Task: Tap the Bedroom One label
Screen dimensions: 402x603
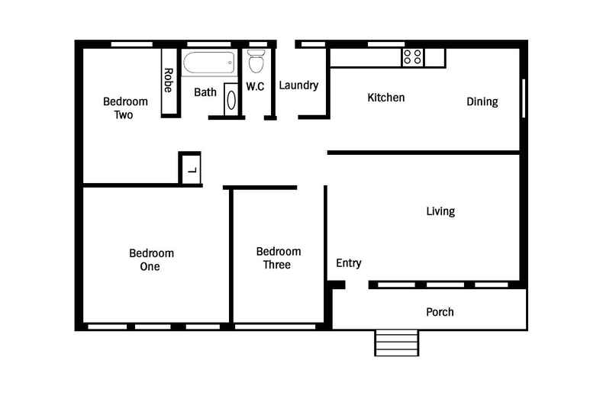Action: [x=151, y=259]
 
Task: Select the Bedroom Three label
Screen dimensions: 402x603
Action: [x=278, y=258]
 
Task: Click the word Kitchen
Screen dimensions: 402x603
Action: [x=386, y=98]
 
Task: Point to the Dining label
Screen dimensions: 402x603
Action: [x=482, y=101]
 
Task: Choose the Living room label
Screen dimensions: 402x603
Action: [x=440, y=211]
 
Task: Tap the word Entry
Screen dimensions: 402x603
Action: [x=349, y=263]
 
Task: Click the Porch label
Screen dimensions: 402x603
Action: [x=440, y=312]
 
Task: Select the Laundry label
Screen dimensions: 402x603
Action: [x=298, y=85]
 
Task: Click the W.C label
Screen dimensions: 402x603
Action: [x=255, y=87]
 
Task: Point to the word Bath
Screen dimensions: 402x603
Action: [x=205, y=92]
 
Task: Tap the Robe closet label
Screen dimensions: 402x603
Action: [x=168, y=81]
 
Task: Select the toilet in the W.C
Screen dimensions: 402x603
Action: [x=256, y=60]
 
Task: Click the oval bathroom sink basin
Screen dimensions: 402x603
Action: [x=231, y=101]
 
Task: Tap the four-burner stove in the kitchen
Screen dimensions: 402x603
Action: [x=413, y=56]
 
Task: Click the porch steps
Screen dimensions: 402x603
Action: [x=396, y=343]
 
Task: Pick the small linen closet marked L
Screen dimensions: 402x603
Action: [x=190, y=169]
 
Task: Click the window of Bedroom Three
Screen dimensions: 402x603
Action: [x=275, y=326]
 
